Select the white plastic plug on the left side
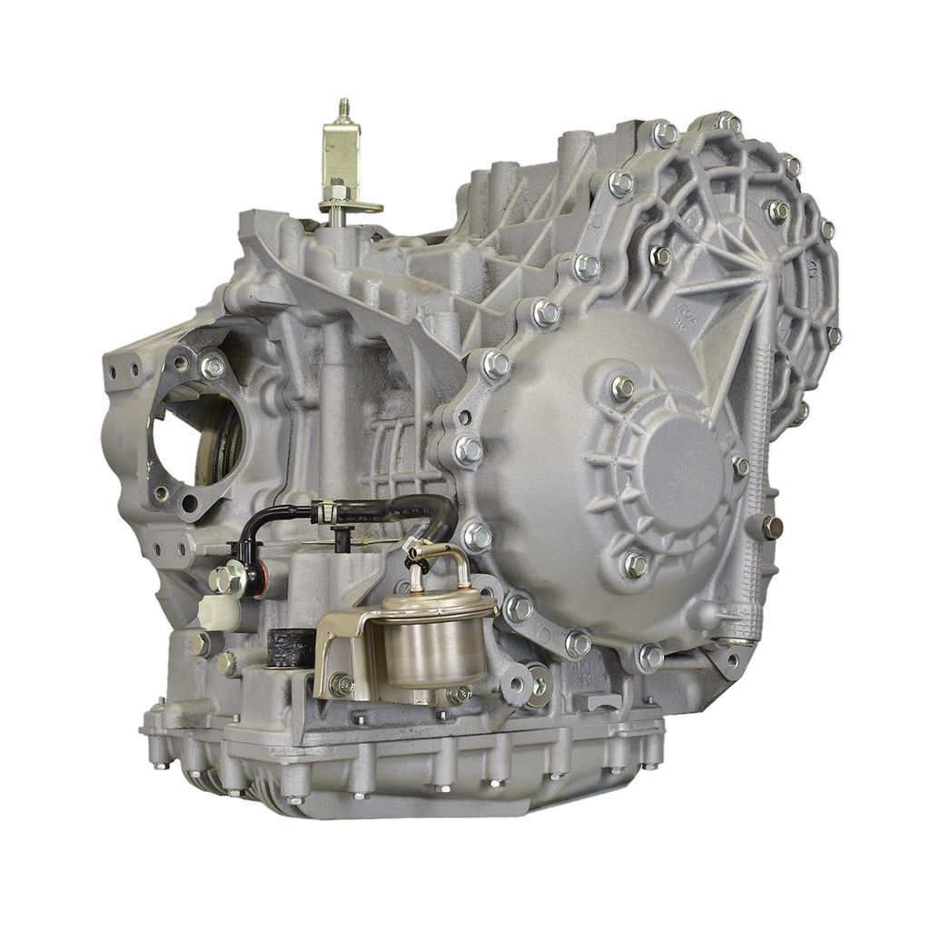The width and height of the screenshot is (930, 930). (218, 613)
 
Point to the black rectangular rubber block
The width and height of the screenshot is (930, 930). (290, 647)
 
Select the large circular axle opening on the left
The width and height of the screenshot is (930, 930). (195, 440)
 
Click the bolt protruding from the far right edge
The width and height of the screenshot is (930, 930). (772, 526)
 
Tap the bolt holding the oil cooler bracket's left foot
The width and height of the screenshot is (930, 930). (341, 685)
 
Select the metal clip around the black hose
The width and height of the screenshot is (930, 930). (324, 513)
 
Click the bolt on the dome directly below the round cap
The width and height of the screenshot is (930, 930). (635, 564)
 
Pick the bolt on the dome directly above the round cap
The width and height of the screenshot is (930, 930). (623, 388)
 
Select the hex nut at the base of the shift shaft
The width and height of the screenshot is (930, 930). (338, 193)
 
